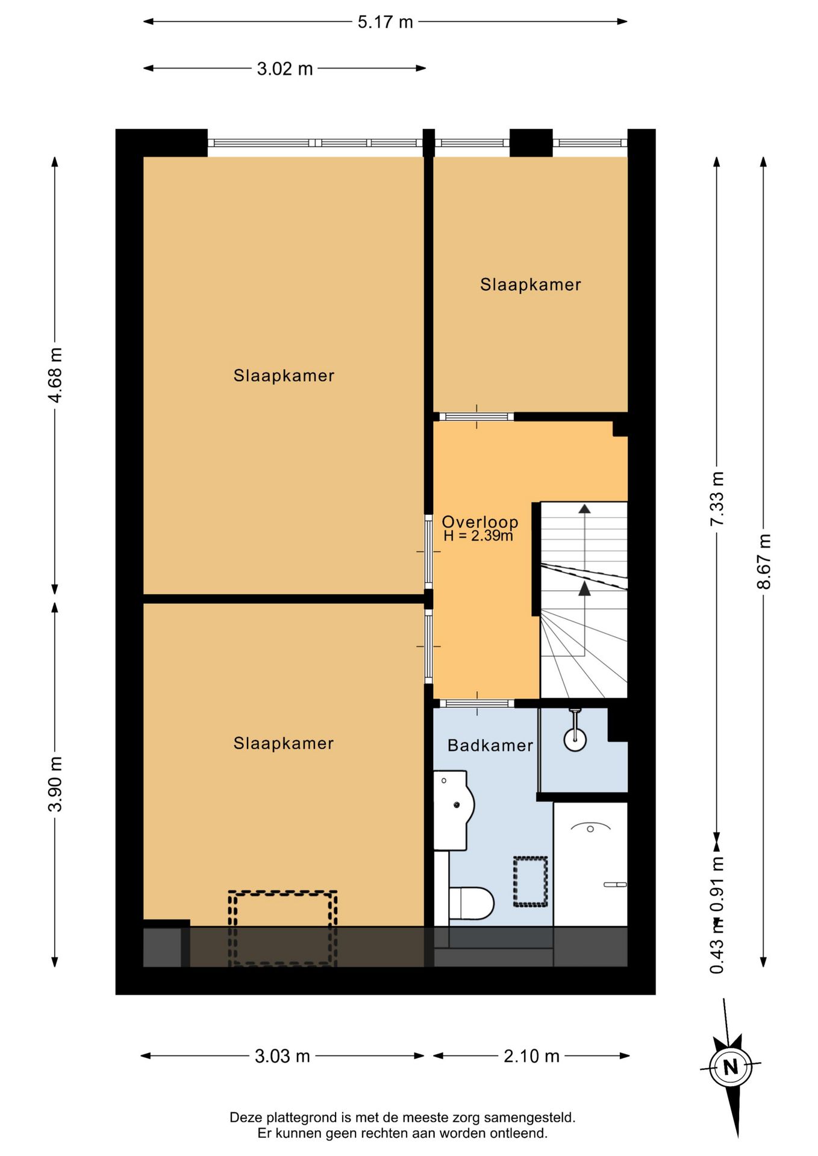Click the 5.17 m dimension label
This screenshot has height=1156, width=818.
385,22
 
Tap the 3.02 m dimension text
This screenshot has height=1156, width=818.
285,69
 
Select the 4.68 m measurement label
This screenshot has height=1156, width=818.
55,375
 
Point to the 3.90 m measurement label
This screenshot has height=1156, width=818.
55,784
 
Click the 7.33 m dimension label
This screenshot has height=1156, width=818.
717,499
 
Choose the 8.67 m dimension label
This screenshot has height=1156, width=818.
764,561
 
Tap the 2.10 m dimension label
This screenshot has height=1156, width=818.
531,1056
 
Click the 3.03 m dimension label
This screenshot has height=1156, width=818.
283,1056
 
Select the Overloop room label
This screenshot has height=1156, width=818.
480,521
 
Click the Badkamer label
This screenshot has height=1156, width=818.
490,745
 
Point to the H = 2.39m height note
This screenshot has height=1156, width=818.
478,535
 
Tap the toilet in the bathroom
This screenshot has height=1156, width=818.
472,903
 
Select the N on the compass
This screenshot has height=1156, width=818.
731,1067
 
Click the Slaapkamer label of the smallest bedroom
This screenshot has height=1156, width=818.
531,284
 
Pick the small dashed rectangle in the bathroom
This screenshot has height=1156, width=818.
530,881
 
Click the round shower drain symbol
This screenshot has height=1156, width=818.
575,739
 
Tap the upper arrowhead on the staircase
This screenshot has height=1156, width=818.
584,509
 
